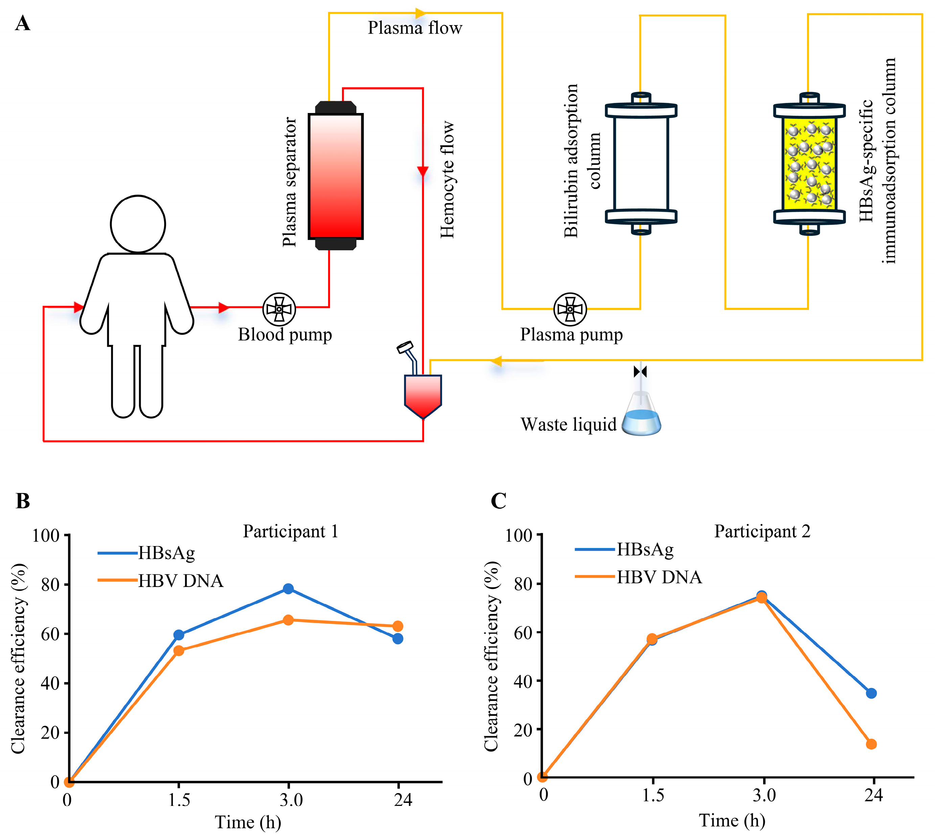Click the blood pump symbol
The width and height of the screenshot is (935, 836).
[279, 309]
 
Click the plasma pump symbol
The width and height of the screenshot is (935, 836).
[570, 309]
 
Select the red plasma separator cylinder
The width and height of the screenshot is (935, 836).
[336, 176]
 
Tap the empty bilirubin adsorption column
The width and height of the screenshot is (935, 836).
[641, 163]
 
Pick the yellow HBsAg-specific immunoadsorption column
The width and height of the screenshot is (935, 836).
[809, 163]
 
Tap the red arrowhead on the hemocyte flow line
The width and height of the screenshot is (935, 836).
[423, 171]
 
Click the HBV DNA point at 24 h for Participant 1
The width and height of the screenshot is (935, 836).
[398, 626]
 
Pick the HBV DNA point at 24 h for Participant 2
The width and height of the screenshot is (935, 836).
[871, 744]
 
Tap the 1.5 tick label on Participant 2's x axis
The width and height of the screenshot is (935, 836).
[653, 795]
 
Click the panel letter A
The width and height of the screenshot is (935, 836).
[23, 23]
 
